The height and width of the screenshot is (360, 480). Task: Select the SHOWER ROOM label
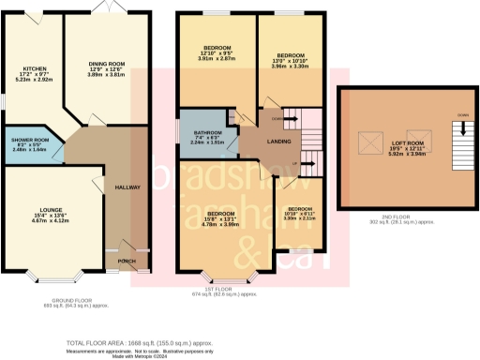[x=29, y=140]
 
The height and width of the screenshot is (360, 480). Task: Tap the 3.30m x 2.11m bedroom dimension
[x=300, y=218]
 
